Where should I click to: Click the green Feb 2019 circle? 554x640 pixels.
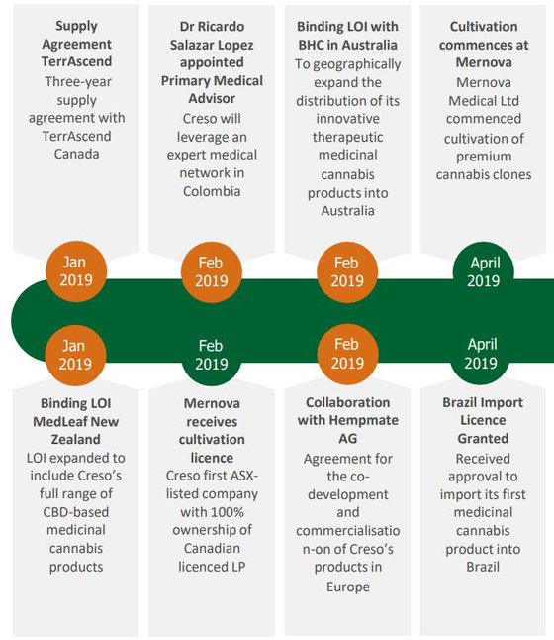[211, 355]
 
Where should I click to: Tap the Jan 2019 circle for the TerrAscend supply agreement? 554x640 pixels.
[76, 271]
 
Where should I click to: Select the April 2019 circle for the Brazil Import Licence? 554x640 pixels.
[482, 354]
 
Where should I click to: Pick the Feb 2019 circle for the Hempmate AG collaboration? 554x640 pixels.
[347, 354]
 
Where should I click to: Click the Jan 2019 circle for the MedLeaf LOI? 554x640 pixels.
[75, 355]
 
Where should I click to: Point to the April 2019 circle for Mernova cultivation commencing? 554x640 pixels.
[484, 271]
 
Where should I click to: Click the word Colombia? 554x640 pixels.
[212, 191]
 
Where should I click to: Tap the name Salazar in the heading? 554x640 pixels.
[191, 45]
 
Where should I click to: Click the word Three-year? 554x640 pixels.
[78, 81]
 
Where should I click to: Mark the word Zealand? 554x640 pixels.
[76, 440]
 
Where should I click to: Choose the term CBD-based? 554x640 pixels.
[76, 512]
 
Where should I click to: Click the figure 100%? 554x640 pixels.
[228, 512]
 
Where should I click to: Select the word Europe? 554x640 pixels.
[347, 587]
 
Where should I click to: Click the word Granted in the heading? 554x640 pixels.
[483, 438]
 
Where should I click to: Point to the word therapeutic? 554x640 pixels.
[347, 137]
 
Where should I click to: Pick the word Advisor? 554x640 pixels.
[212, 99]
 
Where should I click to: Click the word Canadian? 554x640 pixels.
[212, 548]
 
